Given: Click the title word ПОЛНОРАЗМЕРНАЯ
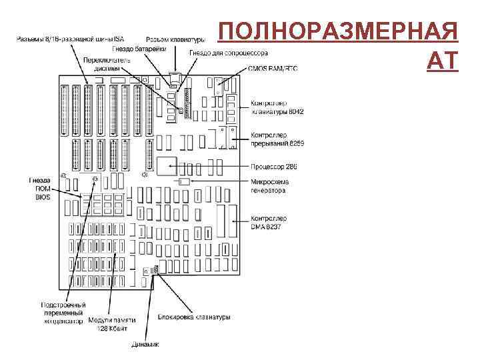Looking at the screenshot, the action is [338, 33].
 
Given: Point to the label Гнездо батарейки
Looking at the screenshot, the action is [139, 48].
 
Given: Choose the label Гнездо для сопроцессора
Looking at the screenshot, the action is [229, 52].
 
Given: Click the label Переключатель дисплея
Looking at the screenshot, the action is [107, 63].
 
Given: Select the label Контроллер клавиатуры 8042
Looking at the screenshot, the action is [277, 107].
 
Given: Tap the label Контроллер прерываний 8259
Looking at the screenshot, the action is [277, 139].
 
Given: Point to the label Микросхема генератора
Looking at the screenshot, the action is [269, 186].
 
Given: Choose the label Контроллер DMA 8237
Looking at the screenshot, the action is [269, 222].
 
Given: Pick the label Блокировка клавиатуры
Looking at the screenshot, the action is [195, 317].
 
